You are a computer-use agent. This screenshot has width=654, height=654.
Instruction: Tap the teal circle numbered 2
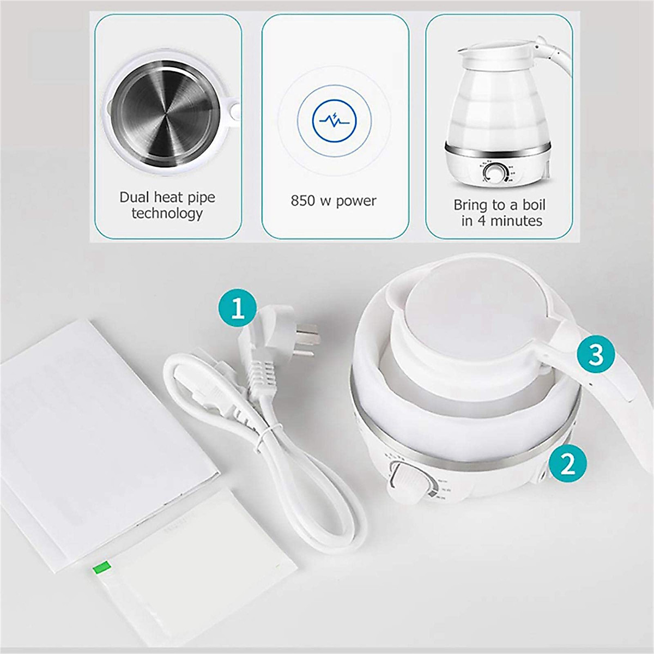point(567,464)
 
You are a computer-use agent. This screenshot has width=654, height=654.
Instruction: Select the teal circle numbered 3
point(596,354)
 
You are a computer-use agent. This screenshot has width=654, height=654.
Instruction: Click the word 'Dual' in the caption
point(134,197)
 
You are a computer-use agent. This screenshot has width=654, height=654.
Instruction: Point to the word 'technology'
point(167,213)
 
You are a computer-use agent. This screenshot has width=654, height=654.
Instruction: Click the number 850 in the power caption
point(303,201)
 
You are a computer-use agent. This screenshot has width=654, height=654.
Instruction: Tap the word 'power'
point(355,201)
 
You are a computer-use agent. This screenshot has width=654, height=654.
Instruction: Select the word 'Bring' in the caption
point(471,205)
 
